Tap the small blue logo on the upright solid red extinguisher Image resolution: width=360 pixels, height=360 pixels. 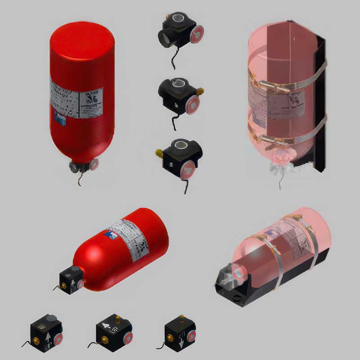pyautogui.click(x=60, y=118)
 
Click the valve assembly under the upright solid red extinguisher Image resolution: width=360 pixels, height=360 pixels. pyautogui.click(x=83, y=166)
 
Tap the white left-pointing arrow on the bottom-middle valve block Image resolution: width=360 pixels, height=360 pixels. pyautogui.click(x=106, y=328)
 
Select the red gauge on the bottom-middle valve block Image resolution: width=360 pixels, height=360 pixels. pyautogui.click(x=128, y=338)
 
